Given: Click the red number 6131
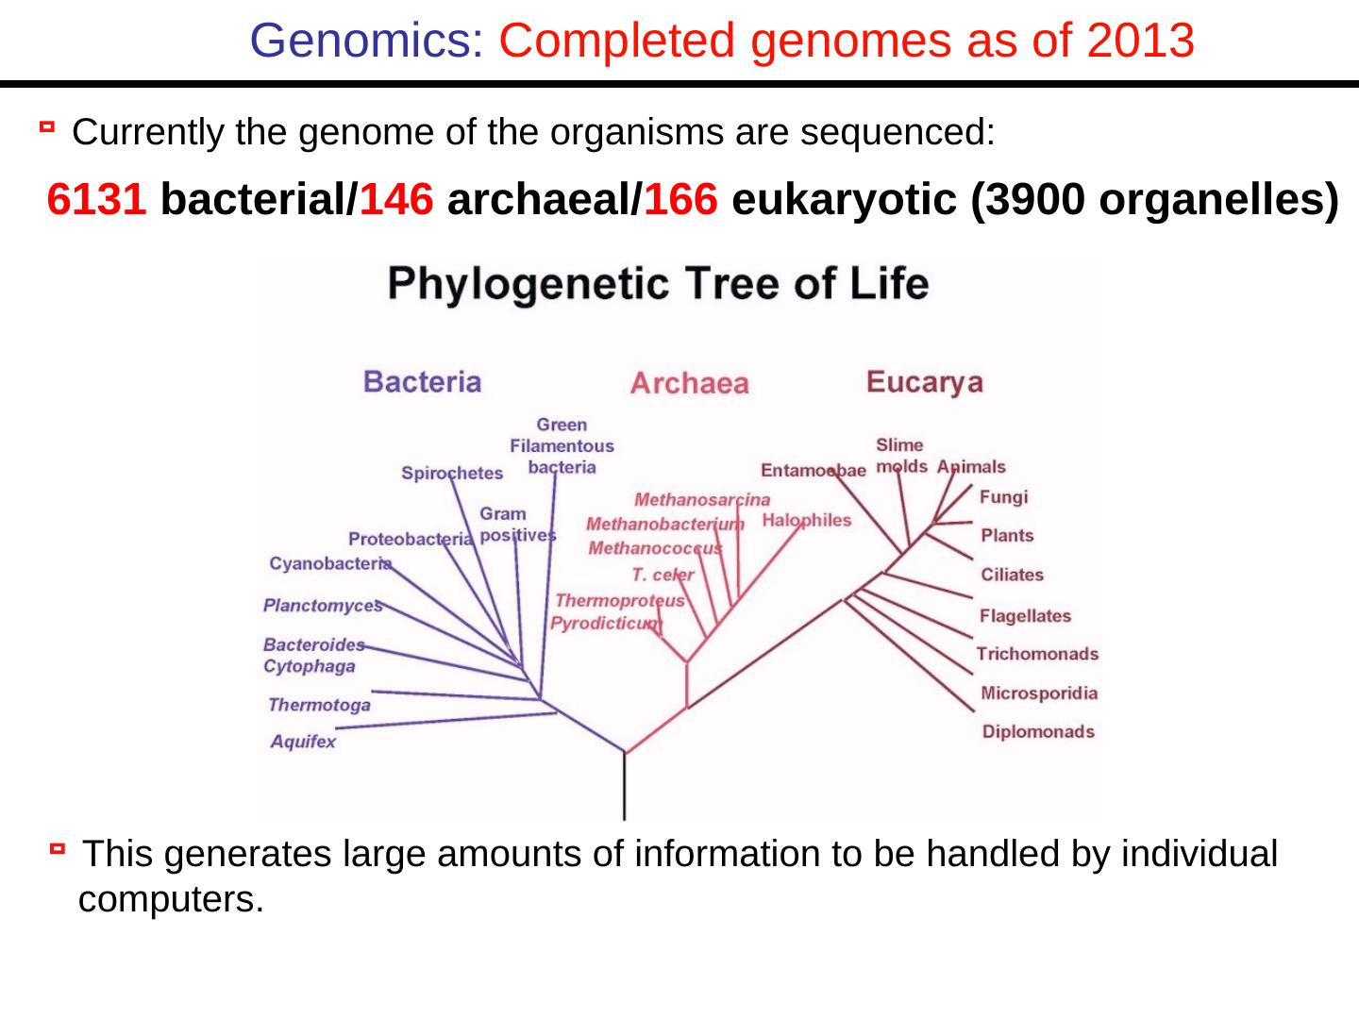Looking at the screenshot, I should (97, 199).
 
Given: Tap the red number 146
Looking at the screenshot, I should (396, 199).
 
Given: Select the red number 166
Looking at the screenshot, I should (681, 199).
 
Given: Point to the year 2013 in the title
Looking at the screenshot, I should (1140, 41).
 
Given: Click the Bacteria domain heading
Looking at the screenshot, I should (423, 381).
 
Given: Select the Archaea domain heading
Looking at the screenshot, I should (689, 383).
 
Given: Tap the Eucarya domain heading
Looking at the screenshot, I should (925, 382).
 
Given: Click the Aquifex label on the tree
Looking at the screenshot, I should (303, 742).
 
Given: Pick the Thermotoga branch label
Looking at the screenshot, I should (319, 705).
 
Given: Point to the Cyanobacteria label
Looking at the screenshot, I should (330, 563).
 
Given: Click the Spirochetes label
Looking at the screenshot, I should (452, 474).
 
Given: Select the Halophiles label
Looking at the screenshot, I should (807, 520).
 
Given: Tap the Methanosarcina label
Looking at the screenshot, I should (702, 499).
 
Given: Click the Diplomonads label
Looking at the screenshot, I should (1038, 731).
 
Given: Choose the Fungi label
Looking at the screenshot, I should (1003, 497).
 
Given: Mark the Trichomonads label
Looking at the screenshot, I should (1037, 654).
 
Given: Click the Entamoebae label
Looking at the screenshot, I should (814, 470).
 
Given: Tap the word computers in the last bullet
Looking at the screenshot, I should (171, 900).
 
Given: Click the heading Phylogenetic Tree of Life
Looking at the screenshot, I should (659, 285).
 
